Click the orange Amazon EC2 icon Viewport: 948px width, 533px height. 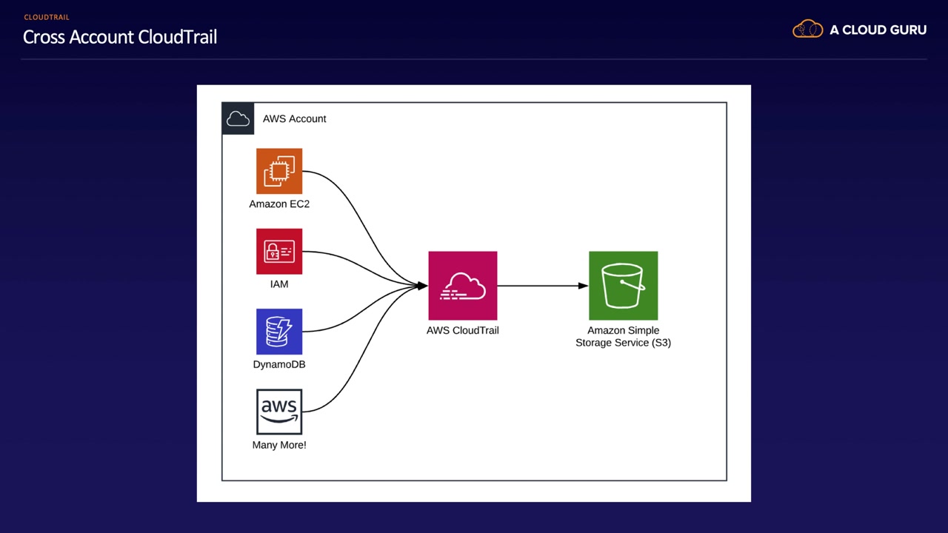[x=279, y=171]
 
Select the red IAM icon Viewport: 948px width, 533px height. [x=279, y=252]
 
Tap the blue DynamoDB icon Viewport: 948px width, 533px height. [x=279, y=332]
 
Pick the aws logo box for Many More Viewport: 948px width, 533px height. [x=279, y=412]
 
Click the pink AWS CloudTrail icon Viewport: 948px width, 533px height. [x=463, y=286]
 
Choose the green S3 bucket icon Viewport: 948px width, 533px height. [x=623, y=286]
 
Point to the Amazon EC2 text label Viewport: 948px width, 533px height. [x=279, y=204]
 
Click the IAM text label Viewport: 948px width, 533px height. [x=279, y=284]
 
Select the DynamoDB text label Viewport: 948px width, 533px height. [x=279, y=364]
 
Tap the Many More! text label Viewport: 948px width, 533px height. [x=279, y=445]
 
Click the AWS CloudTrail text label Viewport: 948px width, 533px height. [x=463, y=330]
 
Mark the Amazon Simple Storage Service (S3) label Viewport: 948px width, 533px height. [x=623, y=337]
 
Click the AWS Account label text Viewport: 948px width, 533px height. [x=294, y=118]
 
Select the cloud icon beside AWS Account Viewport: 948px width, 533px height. [x=238, y=118]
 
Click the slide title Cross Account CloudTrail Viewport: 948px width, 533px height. [x=120, y=37]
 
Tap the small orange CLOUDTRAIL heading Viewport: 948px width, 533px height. [x=47, y=17]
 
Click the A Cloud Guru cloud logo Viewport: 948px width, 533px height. [x=807, y=30]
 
